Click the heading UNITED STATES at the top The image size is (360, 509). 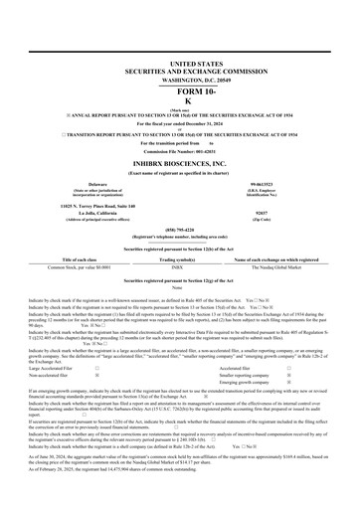click(x=179, y=63)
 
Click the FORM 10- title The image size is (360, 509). click(x=179, y=91)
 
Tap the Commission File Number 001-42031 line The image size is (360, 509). click(x=179, y=149)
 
